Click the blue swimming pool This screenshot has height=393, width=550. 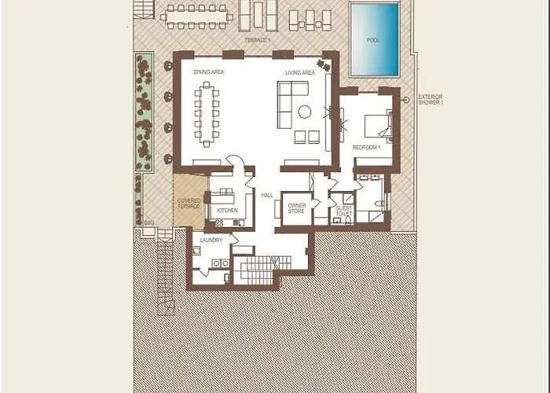point(374,39)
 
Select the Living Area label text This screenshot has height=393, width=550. point(300,73)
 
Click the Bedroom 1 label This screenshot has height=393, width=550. point(366,147)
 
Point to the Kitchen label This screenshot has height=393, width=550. point(227,211)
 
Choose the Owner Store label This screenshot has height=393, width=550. point(296,208)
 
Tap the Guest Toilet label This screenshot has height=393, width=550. point(344,210)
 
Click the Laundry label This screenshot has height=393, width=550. point(211,240)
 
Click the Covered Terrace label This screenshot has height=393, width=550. point(189,204)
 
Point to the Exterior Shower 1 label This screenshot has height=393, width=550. point(431,100)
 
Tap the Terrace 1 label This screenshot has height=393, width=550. point(259,38)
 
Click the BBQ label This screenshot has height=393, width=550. point(148,222)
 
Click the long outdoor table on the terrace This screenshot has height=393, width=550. point(196,14)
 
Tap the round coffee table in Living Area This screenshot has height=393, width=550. point(304,112)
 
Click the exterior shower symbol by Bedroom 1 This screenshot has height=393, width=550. point(406,100)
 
